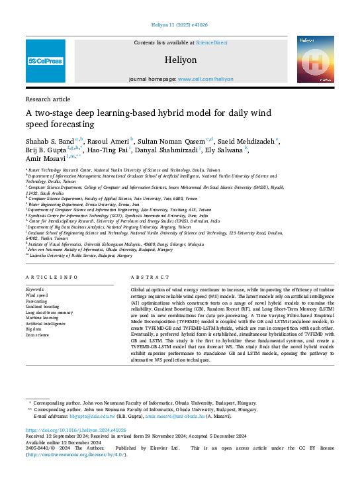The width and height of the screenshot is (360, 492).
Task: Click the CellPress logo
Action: [x=45, y=61]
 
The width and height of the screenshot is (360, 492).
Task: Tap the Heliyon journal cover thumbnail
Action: [x=314, y=60]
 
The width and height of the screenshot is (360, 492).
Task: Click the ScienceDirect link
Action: [x=211, y=42]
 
